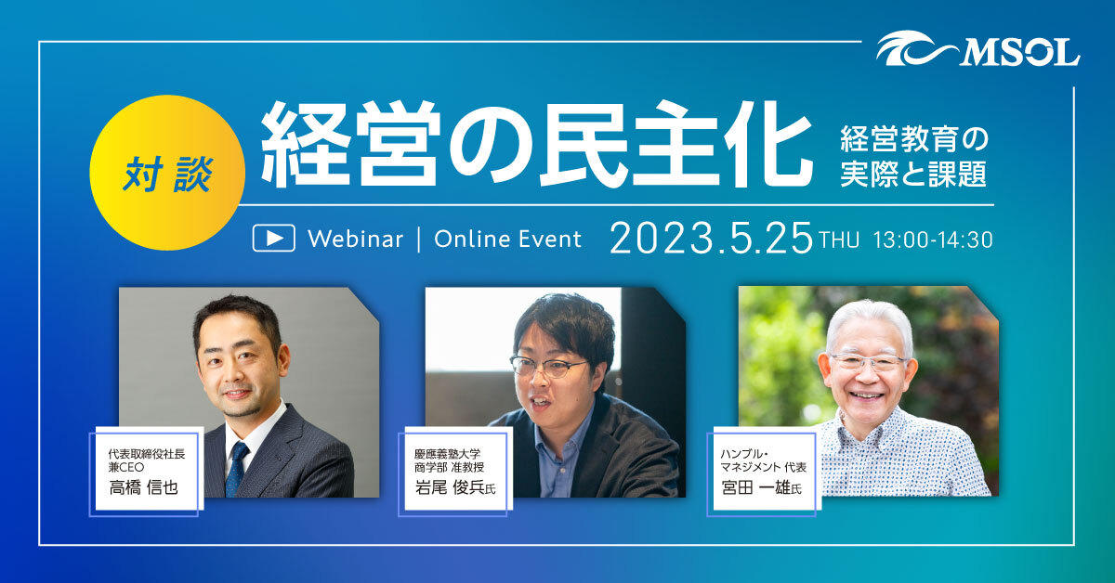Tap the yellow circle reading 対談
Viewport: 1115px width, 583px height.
[x=167, y=173]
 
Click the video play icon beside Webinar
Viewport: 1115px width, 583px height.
[x=273, y=239]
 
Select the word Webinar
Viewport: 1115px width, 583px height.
[x=355, y=239]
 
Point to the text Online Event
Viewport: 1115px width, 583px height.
[x=507, y=239]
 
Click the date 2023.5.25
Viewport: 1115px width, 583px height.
[x=711, y=238]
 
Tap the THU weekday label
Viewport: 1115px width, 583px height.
[x=839, y=240]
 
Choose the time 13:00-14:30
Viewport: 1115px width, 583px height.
[x=933, y=240]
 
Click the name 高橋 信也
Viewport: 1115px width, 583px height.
[x=143, y=488]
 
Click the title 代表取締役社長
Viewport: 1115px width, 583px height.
[x=148, y=454]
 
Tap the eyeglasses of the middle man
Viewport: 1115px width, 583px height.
[x=548, y=368]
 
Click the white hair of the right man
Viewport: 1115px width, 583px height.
[x=869, y=316]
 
